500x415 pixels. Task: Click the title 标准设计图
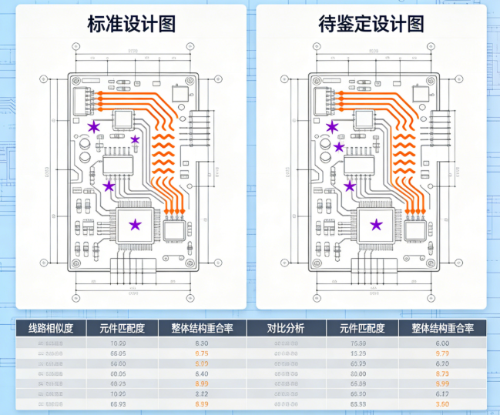(x=132, y=25)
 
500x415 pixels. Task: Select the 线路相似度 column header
(x=51, y=328)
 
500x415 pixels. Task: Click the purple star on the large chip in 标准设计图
(x=135, y=225)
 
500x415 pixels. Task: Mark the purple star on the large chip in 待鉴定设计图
(x=376, y=225)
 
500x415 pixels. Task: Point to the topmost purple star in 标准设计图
(x=94, y=126)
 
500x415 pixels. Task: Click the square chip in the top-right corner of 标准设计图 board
(x=180, y=93)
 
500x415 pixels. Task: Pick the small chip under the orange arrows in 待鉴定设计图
(x=416, y=229)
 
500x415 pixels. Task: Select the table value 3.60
(x=442, y=403)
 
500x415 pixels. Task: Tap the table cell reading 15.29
(x=357, y=353)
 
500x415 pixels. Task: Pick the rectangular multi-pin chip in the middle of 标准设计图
(x=117, y=163)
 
